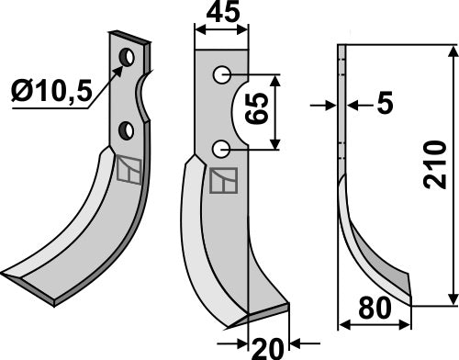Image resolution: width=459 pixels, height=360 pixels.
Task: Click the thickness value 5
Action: [x=383, y=107]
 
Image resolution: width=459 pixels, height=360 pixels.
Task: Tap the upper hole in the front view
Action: [x=219, y=74]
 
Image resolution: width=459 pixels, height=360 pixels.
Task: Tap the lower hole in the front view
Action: [x=219, y=148]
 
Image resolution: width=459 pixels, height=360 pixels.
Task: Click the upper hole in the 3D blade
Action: [x=127, y=59]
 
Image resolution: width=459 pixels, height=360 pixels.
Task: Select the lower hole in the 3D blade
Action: [x=128, y=129]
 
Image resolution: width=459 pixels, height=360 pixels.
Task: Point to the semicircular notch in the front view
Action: [x=241, y=112]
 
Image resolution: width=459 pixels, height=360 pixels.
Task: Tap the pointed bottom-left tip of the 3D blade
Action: [x=6, y=276]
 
